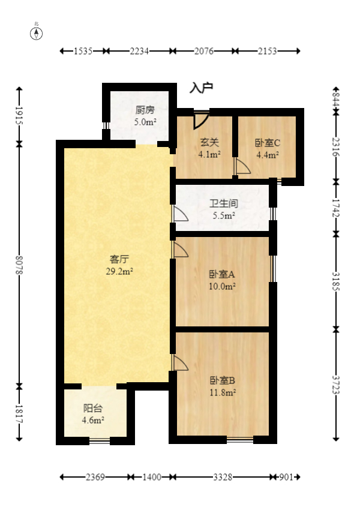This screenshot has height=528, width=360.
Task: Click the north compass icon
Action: (37, 32)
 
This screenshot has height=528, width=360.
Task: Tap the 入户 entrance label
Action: (202, 88)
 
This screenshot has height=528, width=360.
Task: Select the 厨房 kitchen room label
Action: (145, 110)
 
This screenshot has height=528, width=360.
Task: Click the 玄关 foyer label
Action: (209, 143)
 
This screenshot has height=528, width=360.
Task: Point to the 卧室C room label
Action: (267, 143)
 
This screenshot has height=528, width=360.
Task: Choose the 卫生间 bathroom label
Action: (223, 203)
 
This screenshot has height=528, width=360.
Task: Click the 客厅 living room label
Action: (119, 259)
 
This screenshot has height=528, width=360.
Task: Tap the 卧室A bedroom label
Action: (221, 274)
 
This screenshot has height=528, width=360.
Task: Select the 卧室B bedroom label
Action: (221, 380)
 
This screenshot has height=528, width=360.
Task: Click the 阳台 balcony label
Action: (93, 408)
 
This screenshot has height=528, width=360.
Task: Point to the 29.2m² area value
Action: (119, 271)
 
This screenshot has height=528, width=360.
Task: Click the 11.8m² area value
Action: (222, 392)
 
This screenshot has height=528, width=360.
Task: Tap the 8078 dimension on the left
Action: (19, 264)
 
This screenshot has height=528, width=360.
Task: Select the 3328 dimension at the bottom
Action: (223, 477)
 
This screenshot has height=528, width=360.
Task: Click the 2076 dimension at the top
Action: (204, 52)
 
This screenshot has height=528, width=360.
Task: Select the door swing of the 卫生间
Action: (180, 214)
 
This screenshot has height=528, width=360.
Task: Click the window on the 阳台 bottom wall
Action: (100, 441)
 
